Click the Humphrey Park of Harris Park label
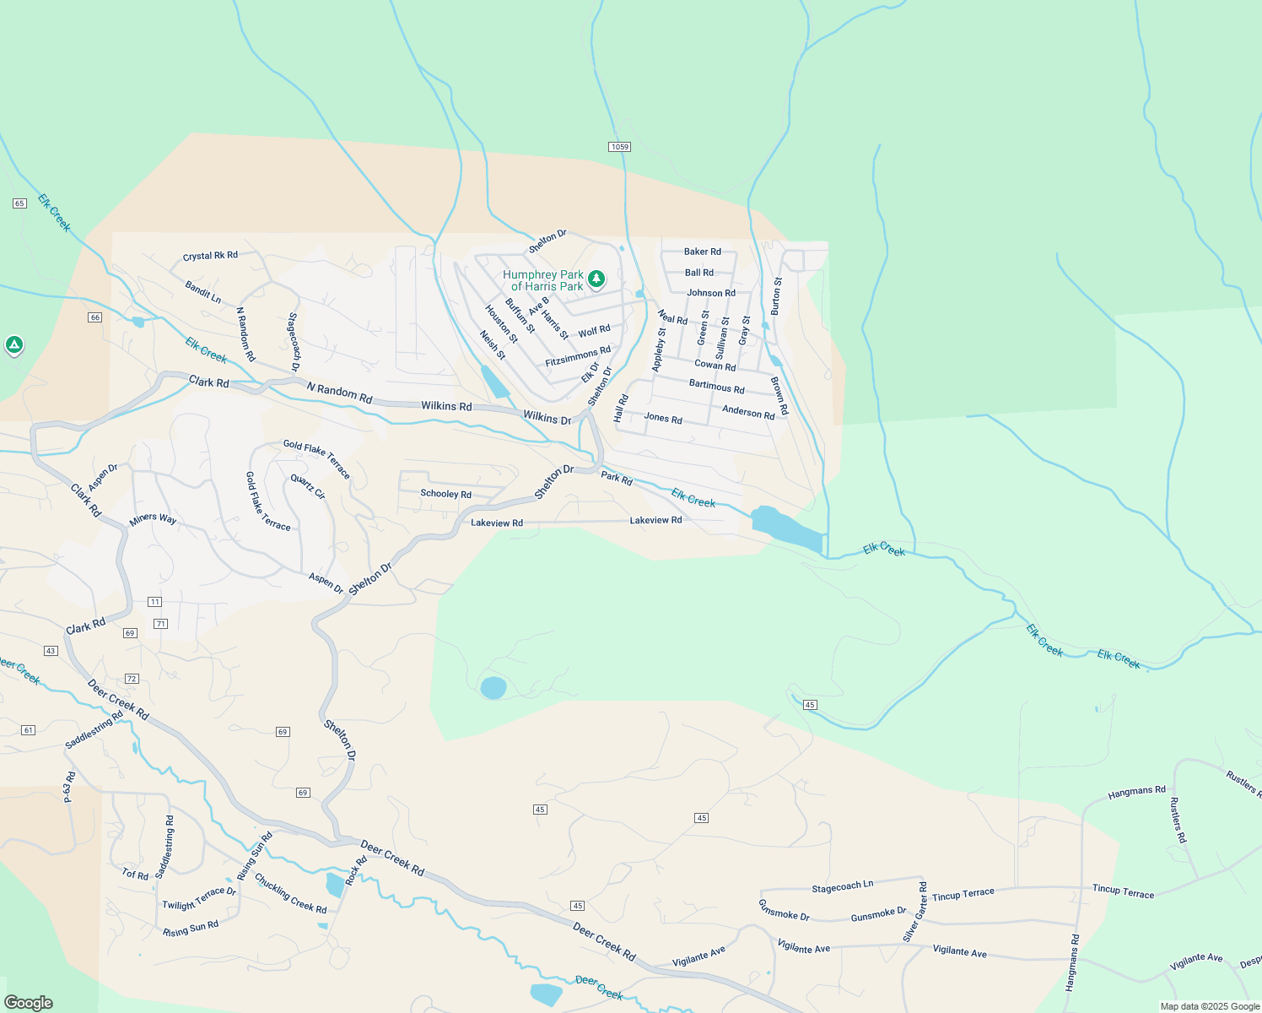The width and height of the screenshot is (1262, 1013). point(542,280)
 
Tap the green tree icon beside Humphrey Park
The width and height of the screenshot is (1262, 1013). point(596,278)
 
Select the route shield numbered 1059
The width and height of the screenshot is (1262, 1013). point(619,147)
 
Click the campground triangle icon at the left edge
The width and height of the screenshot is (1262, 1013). point(13,344)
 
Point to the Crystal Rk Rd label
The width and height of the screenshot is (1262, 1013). point(210,256)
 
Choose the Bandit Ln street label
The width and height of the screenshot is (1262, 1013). point(203,292)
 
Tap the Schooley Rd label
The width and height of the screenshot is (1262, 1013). point(445,494)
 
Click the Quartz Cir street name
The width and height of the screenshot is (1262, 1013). point(308,486)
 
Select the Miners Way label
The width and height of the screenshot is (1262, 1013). point(153,519)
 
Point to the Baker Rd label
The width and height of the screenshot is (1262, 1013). point(702,252)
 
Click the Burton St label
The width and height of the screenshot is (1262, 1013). point(776,296)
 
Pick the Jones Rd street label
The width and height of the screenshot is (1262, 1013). point(662,417)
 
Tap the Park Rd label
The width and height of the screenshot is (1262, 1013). point(616,479)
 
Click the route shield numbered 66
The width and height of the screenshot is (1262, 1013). point(94,317)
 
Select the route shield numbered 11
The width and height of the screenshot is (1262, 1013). point(154,602)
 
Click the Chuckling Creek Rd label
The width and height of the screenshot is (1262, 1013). point(290,893)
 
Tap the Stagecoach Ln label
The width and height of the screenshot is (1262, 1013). point(842,886)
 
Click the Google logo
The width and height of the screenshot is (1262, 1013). point(28,1003)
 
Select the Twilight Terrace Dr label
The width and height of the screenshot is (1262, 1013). point(199,898)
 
